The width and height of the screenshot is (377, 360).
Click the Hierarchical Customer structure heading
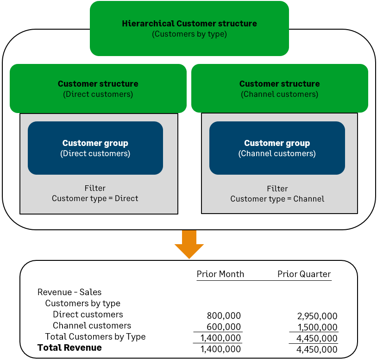(x=189, y=24)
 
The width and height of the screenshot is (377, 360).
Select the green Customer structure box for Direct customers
(x=98, y=88)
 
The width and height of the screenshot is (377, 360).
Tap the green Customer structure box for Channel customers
(x=279, y=88)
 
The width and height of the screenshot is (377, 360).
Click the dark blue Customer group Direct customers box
(x=95, y=148)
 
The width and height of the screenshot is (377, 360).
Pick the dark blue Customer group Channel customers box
(x=277, y=148)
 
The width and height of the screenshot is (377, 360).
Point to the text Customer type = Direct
(x=95, y=198)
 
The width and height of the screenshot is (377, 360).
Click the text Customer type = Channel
(x=277, y=199)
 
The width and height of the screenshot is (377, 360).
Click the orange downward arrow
(x=189, y=244)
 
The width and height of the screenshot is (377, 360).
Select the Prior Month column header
(x=220, y=274)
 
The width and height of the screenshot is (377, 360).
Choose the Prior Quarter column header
(x=304, y=274)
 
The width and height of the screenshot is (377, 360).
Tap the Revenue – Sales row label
(x=69, y=292)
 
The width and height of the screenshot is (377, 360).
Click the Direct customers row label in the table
(x=88, y=315)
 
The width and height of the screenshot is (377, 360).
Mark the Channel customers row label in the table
(x=92, y=326)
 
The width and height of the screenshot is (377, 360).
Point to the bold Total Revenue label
(x=69, y=347)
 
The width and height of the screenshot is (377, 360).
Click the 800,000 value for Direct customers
(x=224, y=316)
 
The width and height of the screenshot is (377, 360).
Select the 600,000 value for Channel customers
(x=224, y=327)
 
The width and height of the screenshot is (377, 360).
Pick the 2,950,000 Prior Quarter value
(x=317, y=316)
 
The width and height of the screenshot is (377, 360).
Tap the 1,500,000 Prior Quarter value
(x=317, y=327)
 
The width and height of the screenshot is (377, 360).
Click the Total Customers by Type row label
(x=95, y=337)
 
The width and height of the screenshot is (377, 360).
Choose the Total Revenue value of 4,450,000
(x=317, y=349)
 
